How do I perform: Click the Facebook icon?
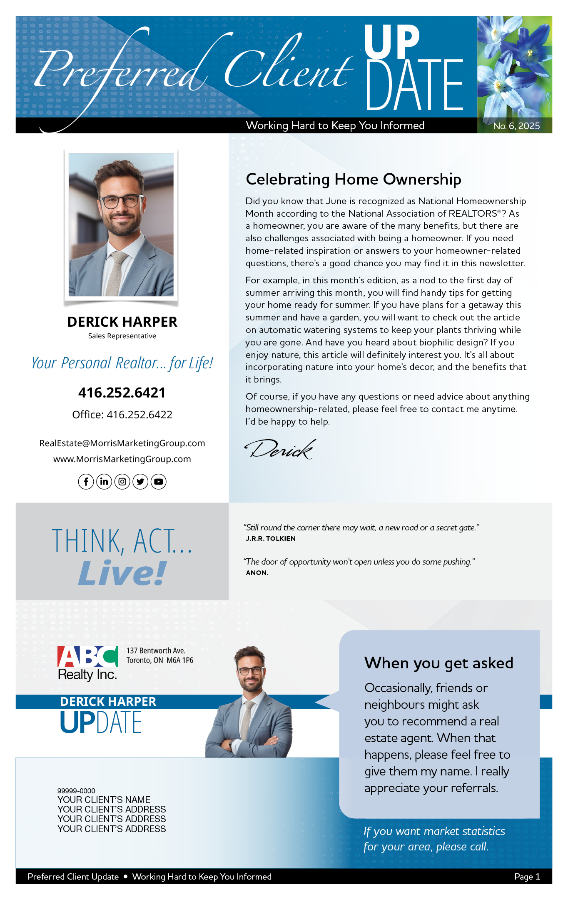click(x=86, y=482)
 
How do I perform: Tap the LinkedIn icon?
click(x=104, y=482)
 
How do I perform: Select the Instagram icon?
click(x=122, y=482)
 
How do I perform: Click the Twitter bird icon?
click(x=140, y=482)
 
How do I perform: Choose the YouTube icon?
click(x=159, y=482)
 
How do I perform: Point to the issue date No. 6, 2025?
click(x=516, y=126)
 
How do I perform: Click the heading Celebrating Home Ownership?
click(x=353, y=179)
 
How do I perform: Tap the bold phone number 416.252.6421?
click(x=122, y=392)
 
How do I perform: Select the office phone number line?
click(x=122, y=415)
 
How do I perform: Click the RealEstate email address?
click(x=122, y=443)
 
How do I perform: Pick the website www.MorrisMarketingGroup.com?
click(x=122, y=459)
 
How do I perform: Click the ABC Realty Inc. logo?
click(x=88, y=663)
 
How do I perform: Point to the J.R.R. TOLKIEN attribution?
click(x=271, y=538)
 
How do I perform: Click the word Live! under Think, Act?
click(x=122, y=573)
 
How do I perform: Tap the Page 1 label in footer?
click(x=527, y=877)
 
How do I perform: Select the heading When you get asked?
click(x=438, y=663)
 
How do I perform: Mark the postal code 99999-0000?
click(x=76, y=791)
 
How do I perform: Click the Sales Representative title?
click(x=122, y=336)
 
